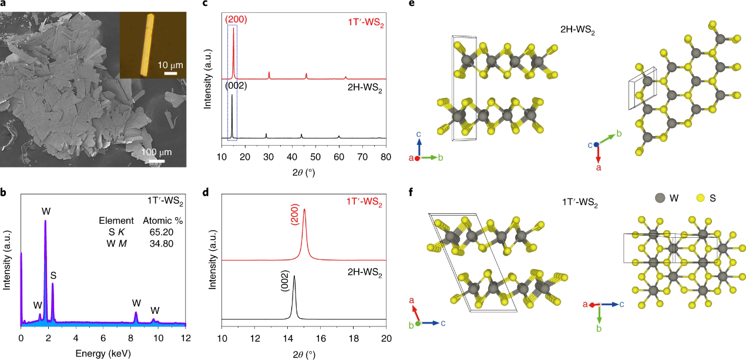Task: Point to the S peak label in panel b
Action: point(53,275)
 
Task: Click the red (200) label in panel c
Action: point(236,19)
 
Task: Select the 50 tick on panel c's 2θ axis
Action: point(315,156)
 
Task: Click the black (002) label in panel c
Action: point(236,86)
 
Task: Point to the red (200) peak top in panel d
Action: point(304,226)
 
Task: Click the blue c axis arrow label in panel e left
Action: point(419,134)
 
